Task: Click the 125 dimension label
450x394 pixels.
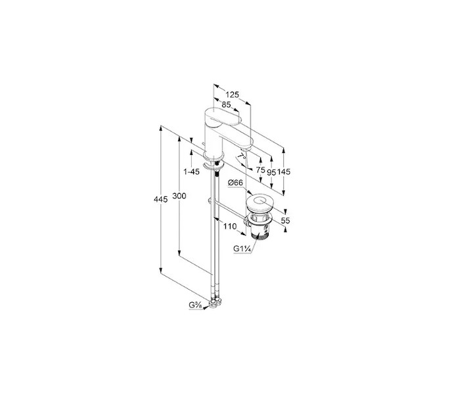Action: coord(232,95)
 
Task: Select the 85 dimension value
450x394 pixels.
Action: coord(226,105)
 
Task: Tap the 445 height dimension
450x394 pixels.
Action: coord(160,199)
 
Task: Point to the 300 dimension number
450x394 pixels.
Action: coord(179,196)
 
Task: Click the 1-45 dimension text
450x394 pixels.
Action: coord(191,171)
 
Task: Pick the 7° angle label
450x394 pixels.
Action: coord(242,156)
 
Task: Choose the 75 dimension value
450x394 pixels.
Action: coord(260,170)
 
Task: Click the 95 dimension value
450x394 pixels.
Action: coord(271,172)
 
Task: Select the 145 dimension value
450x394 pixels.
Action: coord(284,171)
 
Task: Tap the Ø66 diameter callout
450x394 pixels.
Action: coord(235,183)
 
